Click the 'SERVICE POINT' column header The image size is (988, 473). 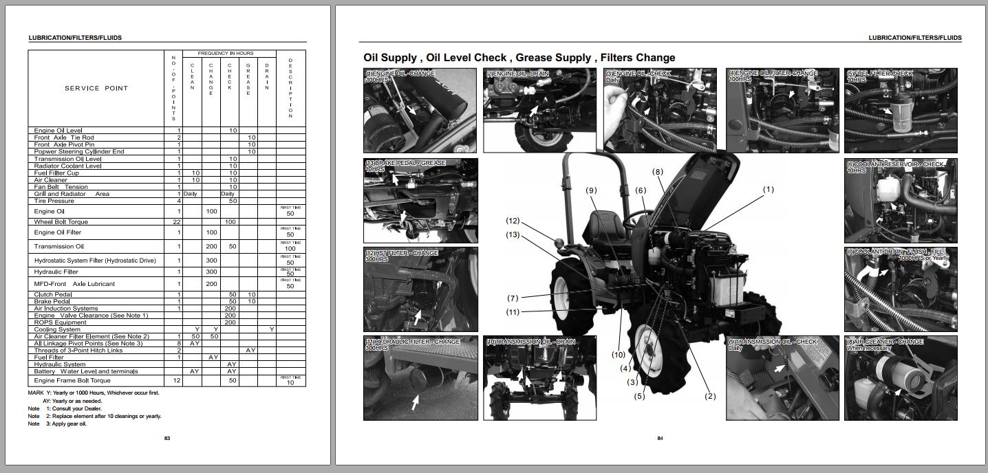[96, 88]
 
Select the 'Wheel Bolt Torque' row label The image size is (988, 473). [61, 222]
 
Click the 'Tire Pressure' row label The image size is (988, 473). [54, 201]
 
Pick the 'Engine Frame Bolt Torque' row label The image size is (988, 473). [72, 380]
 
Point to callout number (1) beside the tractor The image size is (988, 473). [768, 189]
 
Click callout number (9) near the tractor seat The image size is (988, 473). [591, 190]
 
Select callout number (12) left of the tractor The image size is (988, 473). [513, 221]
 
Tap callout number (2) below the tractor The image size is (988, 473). [709, 396]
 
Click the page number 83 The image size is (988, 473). [167, 438]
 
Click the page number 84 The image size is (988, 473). [660, 438]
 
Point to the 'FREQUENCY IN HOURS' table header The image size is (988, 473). [225, 53]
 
